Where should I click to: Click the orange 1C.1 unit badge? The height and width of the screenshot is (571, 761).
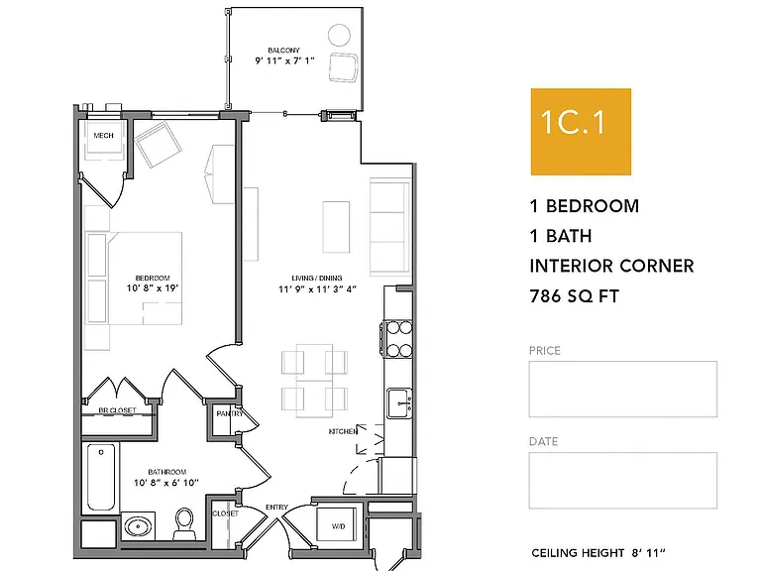pos(581,132)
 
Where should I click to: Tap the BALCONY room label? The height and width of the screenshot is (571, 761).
pos(284,50)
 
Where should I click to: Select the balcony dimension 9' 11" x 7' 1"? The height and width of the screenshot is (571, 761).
pos(285,60)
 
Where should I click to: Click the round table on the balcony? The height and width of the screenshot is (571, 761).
pos(339,35)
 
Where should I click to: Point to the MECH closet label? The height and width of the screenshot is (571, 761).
pos(103,136)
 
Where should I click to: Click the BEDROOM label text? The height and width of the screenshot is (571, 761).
pos(153,279)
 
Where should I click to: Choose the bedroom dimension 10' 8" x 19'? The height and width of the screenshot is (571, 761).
pos(153,288)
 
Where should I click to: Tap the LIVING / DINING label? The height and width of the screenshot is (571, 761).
pos(317,279)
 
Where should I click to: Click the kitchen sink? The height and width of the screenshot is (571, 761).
pos(399,403)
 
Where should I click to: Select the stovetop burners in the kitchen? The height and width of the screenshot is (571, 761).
pos(399,339)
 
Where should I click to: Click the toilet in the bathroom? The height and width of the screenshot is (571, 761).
pos(184,523)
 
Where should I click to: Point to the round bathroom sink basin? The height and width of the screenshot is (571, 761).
pos(138,525)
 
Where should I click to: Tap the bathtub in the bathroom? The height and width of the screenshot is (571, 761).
pos(101,476)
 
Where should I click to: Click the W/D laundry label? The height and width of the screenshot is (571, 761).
pos(338,526)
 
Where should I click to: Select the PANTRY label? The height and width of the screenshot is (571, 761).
pos(230,413)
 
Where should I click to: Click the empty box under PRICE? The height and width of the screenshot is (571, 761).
pos(622,389)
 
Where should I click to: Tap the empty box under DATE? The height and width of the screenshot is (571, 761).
pos(622,480)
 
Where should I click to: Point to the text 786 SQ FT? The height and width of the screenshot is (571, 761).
pos(574,296)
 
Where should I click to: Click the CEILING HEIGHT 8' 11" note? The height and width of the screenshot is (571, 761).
pos(598,553)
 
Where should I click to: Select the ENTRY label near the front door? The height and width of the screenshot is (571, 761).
pos(276,508)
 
